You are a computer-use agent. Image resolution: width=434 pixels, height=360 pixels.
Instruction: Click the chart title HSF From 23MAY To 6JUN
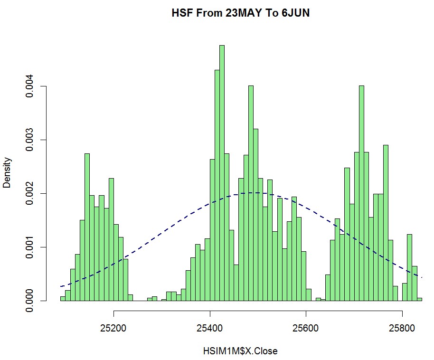click(240, 14)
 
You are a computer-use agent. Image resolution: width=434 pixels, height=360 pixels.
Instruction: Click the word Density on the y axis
click(7, 173)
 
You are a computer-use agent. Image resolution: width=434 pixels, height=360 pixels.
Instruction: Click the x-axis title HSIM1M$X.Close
click(240, 351)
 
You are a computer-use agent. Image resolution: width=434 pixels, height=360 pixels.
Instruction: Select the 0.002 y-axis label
click(30, 194)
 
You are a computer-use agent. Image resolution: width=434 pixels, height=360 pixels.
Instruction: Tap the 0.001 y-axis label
click(30, 247)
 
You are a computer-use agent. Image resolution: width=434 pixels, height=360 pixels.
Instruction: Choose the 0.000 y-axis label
click(30, 301)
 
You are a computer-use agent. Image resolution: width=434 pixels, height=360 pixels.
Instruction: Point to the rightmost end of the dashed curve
click(422, 277)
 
